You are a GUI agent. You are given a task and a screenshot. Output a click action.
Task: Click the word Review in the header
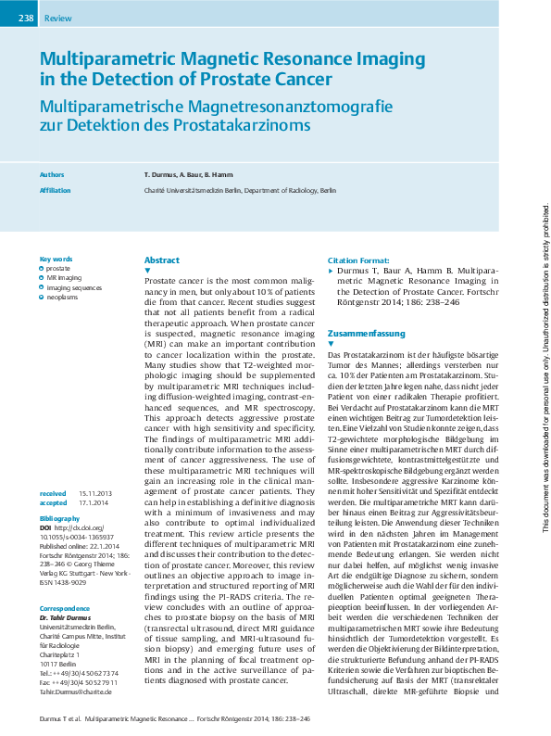57,18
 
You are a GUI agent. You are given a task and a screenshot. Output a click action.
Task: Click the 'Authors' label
52,173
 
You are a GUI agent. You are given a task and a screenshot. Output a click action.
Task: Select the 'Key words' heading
55,259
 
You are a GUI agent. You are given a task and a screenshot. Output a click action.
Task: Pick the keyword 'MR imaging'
64,277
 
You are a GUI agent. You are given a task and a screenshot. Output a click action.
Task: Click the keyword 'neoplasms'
62,298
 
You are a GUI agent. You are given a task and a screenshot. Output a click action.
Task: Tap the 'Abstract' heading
162,260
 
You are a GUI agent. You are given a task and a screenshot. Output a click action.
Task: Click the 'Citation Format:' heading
358,260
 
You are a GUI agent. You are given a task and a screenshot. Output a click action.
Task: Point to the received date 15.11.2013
95,467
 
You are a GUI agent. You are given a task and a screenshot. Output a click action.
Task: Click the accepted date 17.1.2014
94,476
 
